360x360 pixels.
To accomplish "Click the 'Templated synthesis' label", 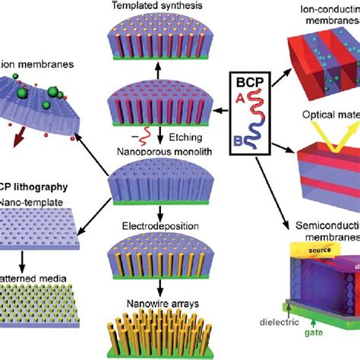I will click(157, 6).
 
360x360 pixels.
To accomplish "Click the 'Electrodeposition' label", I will click(158, 226).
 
